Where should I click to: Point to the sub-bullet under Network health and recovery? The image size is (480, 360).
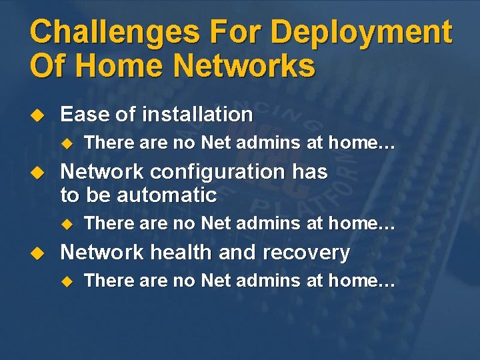coord(66,281)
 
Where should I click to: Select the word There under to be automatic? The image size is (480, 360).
coord(107,223)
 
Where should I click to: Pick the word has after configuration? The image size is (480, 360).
coord(309,172)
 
